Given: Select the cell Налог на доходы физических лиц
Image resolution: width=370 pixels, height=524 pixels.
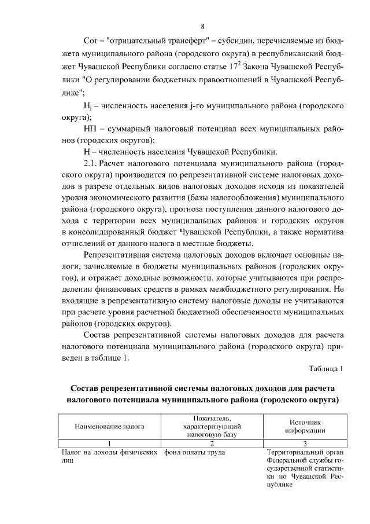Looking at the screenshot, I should (109, 456).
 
